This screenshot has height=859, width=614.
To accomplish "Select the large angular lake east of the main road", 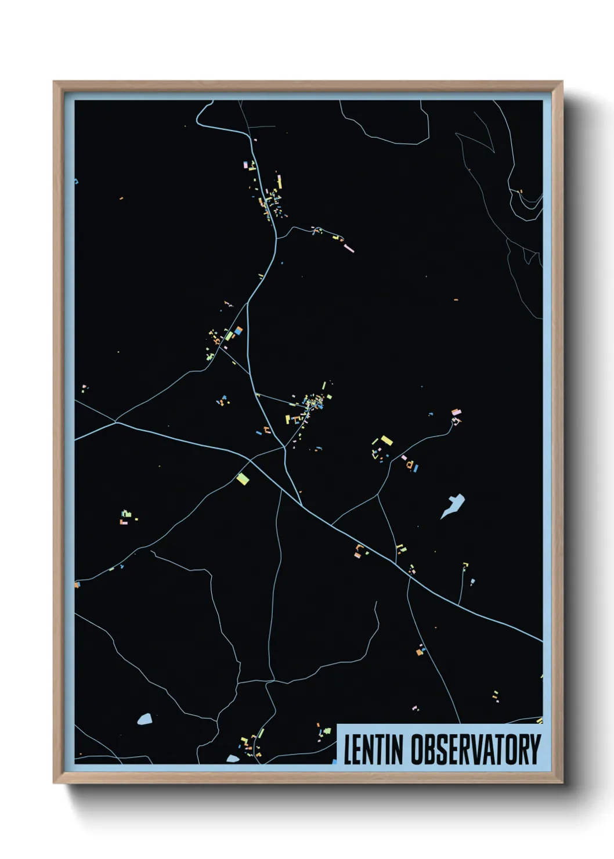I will click(453, 505).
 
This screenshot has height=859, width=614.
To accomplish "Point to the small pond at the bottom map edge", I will click(233, 759).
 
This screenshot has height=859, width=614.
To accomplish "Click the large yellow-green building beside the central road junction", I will click(243, 478).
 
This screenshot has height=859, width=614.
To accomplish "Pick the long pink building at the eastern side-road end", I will click(349, 248).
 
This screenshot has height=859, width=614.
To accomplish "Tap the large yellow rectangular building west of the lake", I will click(386, 441).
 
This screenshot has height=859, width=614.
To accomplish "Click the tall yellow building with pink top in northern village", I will click(279, 181).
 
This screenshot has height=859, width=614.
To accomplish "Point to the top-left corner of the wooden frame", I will click(54, 82).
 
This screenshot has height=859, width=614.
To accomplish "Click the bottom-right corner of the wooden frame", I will click(562, 783).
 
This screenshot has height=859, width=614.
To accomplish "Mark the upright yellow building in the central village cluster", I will click(287, 419).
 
